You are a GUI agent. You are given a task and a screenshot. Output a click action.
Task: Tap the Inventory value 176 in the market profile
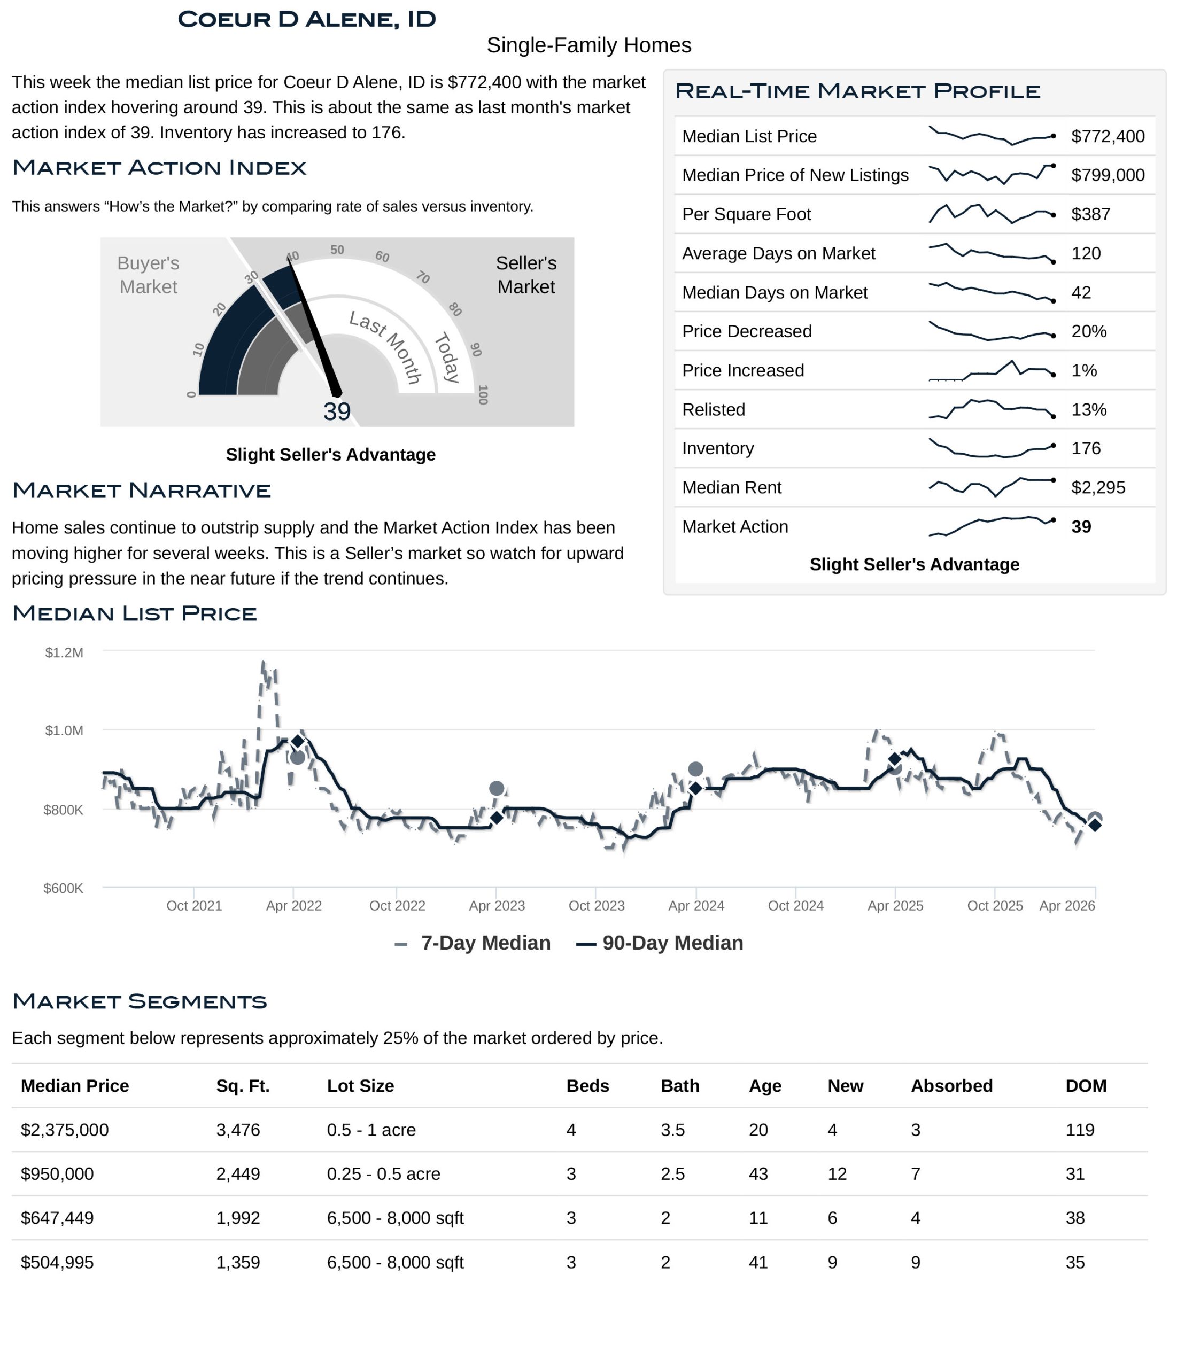[1085, 448]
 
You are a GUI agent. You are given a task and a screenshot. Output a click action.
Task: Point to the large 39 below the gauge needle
[337, 411]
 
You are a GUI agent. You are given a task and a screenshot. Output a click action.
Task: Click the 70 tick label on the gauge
[423, 277]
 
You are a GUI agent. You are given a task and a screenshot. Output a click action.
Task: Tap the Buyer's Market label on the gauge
[148, 275]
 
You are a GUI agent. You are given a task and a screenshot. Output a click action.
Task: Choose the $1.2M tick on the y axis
[64, 653]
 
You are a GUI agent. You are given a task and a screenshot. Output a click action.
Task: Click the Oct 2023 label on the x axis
[597, 906]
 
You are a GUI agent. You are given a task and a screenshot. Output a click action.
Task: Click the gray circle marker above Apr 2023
[497, 788]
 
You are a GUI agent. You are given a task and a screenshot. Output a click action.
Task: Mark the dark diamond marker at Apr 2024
[695, 788]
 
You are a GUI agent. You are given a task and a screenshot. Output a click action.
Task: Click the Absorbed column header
[951, 1086]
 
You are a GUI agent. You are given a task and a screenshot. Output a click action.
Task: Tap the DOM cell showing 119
[1079, 1130]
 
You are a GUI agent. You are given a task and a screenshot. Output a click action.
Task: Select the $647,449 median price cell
[58, 1217]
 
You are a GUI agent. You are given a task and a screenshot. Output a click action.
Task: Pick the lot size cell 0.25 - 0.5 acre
[383, 1174]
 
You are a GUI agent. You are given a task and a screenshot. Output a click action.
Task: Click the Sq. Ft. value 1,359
[238, 1262]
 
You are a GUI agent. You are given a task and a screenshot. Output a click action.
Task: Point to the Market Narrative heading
[141, 490]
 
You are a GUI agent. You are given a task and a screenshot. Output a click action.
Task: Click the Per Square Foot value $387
[1090, 214]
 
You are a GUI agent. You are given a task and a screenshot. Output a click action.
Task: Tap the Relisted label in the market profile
[714, 409]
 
